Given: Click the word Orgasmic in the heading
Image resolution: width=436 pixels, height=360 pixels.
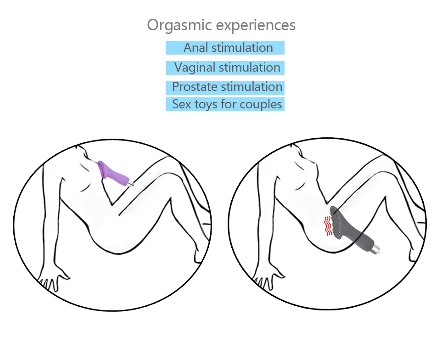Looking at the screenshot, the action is click(179, 26).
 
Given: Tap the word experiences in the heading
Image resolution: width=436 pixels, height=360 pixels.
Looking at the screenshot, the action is click(256, 26).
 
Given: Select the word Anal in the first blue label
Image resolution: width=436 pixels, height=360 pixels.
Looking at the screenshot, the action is click(196, 48).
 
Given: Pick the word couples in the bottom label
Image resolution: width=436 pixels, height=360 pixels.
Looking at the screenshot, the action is click(261, 105).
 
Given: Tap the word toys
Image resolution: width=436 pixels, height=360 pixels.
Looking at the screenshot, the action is click(206, 105).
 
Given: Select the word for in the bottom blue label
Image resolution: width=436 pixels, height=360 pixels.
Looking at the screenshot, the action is click(228, 104).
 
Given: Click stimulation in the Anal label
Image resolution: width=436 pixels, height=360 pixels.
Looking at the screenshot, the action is click(242, 48).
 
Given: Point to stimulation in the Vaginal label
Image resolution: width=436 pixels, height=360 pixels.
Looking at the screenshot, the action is click(249, 67).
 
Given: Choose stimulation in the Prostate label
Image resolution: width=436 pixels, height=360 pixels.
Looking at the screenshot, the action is click(252, 87).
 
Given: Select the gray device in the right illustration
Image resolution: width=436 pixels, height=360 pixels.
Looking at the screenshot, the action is click(353, 230).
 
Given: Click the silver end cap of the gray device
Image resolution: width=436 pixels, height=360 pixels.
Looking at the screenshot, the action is click(376, 249).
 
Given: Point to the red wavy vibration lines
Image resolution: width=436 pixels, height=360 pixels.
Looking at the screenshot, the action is click(328, 226).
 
